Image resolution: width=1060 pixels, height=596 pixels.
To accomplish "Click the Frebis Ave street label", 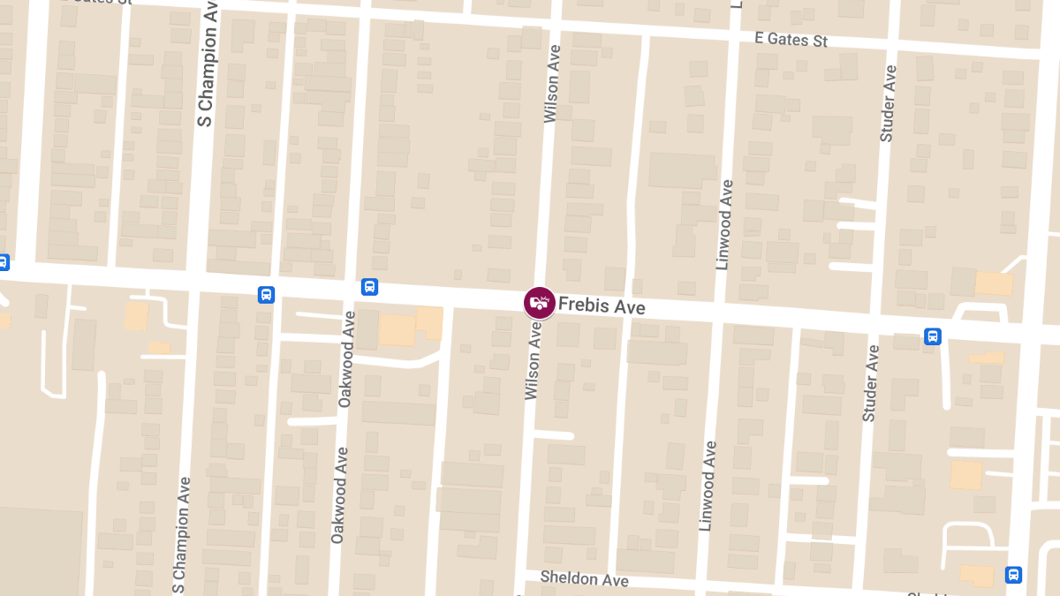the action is coord(602,306).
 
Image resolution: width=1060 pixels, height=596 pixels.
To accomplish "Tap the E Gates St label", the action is coord(791,39).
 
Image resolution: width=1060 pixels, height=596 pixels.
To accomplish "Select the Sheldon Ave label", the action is coord(584,578).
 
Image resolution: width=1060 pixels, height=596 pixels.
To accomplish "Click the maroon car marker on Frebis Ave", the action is coord(539,303).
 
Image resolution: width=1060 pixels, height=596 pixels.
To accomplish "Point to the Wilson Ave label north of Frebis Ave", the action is coord(551,84).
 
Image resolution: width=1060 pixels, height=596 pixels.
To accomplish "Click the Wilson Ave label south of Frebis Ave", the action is coord(533,359).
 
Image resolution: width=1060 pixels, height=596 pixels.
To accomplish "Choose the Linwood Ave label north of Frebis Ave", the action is coord(724,224).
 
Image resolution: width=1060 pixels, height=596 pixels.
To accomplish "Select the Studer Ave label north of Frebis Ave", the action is coord(888,103).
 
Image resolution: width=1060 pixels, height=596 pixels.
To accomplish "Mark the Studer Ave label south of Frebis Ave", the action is coord(871,382).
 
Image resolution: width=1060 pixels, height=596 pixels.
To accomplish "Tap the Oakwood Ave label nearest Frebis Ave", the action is coord(345,358).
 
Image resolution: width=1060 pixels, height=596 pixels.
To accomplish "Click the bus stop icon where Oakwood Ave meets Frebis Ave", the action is coord(369,287).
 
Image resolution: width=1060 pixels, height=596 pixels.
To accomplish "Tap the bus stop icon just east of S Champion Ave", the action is coord(266,294).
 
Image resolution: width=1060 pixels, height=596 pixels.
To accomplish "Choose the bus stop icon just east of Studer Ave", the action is coord(933,336).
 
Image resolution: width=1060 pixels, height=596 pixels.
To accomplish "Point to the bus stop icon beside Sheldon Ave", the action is coord(1013,575).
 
